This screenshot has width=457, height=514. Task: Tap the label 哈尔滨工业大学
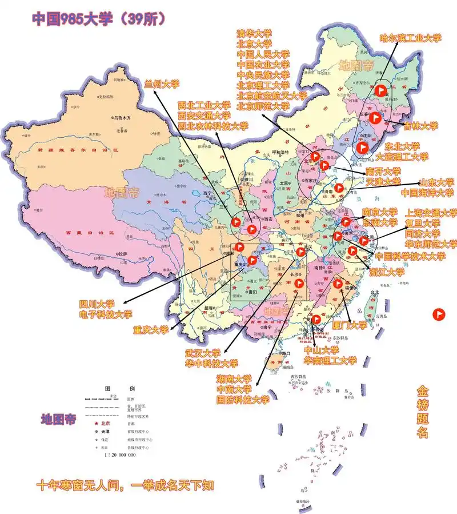coord(411,38)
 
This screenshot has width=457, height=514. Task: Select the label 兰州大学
coord(162,84)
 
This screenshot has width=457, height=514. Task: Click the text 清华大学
coord(254,33)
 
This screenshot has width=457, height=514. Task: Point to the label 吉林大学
coord(420,126)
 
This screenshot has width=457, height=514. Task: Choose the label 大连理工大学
coord(402,156)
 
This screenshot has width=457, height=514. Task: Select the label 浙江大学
coord(387,272)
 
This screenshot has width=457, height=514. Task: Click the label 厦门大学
coord(350,325)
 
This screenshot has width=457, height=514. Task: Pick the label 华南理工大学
coord(330,361)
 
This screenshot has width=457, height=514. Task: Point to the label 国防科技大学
coord(242,400)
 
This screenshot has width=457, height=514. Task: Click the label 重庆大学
coord(151,330)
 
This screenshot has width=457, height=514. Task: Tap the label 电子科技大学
coord(105,314)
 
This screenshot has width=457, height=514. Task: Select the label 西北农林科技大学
coord(213,126)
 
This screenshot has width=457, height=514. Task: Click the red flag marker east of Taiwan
coord(438,314)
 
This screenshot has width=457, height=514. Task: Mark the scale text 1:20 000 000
coord(119,455)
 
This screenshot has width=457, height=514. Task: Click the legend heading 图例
coord(119,389)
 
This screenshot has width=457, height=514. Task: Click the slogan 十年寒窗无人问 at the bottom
coord(83,486)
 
